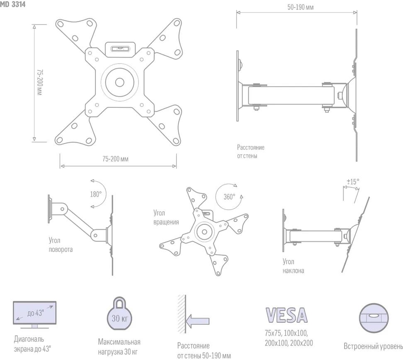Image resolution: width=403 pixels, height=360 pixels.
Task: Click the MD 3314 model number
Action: tap(12, 5)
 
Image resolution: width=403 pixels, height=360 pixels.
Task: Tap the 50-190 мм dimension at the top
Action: tap(301, 7)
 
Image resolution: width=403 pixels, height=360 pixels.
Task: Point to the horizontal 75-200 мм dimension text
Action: tap(115, 159)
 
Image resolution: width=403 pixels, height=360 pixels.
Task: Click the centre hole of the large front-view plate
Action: tap(119, 82)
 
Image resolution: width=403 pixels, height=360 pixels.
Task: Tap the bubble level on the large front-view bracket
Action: tap(120, 49)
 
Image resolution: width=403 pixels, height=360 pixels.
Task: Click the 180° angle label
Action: tap(96, 194)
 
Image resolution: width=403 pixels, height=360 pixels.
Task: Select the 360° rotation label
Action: tap(229, 197)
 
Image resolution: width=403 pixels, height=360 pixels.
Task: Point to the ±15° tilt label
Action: tap(353, 182)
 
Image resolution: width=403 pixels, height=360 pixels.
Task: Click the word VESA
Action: tap(286, 315)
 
